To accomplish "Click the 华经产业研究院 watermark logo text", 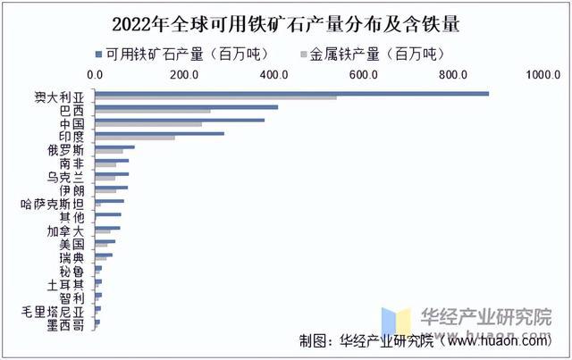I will coord(486,316).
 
